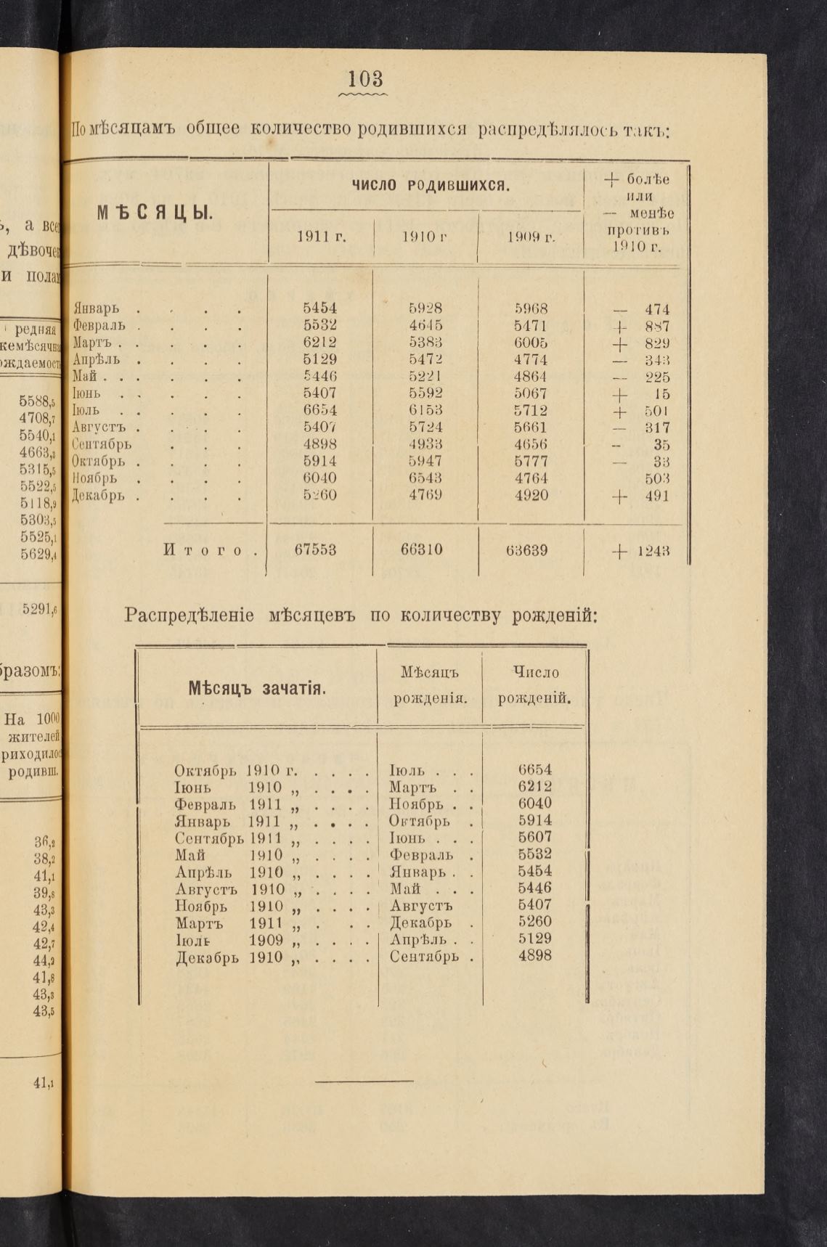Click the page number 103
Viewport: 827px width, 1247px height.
point(365,78)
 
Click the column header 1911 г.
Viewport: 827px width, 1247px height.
point(321,237)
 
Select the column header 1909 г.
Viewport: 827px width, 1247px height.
point(531,237)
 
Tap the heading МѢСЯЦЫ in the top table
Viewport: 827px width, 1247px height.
point(155,213)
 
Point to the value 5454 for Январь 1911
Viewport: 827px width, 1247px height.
point(319,308)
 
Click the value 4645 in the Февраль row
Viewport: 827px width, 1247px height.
point(425,325)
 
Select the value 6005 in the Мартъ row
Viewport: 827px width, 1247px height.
point(531,343)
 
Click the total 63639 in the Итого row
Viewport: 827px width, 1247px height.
point(526,550)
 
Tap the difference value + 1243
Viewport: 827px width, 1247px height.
point(640,551)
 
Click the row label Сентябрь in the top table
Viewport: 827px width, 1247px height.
point(102,444)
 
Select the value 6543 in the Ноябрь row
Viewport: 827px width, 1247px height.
point(425,478)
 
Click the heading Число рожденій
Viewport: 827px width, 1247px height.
point(534,686)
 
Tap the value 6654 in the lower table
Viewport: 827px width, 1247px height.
point(535,770)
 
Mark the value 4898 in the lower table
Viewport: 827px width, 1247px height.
point(535,956)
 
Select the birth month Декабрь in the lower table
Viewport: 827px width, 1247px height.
point(421,923)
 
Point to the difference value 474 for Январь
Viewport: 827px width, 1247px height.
point(656,310)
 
